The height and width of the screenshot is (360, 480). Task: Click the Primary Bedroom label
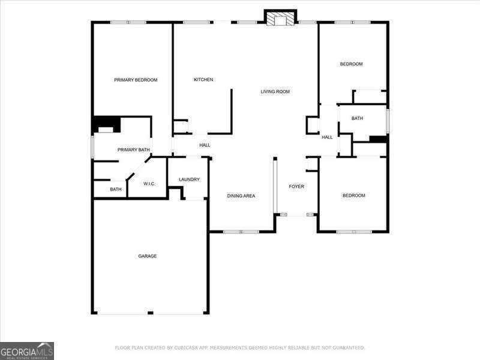coord(136,80)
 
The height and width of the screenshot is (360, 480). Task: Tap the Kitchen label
coord(203,80)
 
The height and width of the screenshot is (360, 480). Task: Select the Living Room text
coord(275,92)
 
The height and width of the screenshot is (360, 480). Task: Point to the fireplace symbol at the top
coord(281,19)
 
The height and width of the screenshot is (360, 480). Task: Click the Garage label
coord(148,256)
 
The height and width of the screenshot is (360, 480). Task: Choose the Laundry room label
coord(189,179)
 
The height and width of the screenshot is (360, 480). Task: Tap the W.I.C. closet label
coord(149,184)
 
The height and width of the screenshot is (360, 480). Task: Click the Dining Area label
coord(241,196)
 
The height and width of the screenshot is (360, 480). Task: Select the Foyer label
coord(296,187)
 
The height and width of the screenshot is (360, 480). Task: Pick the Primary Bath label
coord(133,150)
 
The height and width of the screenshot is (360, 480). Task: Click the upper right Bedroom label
coord(352,64)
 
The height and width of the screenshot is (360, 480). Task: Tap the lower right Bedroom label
coord(353,196)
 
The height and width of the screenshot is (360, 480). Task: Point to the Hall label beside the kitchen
coord(205,145)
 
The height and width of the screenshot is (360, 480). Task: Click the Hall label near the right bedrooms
coord(327,137)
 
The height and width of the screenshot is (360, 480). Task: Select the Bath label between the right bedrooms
coord(357,118)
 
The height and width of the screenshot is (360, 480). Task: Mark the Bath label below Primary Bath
coord(116,190)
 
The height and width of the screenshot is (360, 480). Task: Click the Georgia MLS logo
coord(27,350)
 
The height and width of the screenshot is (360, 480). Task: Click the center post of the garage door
coord(150,313)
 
